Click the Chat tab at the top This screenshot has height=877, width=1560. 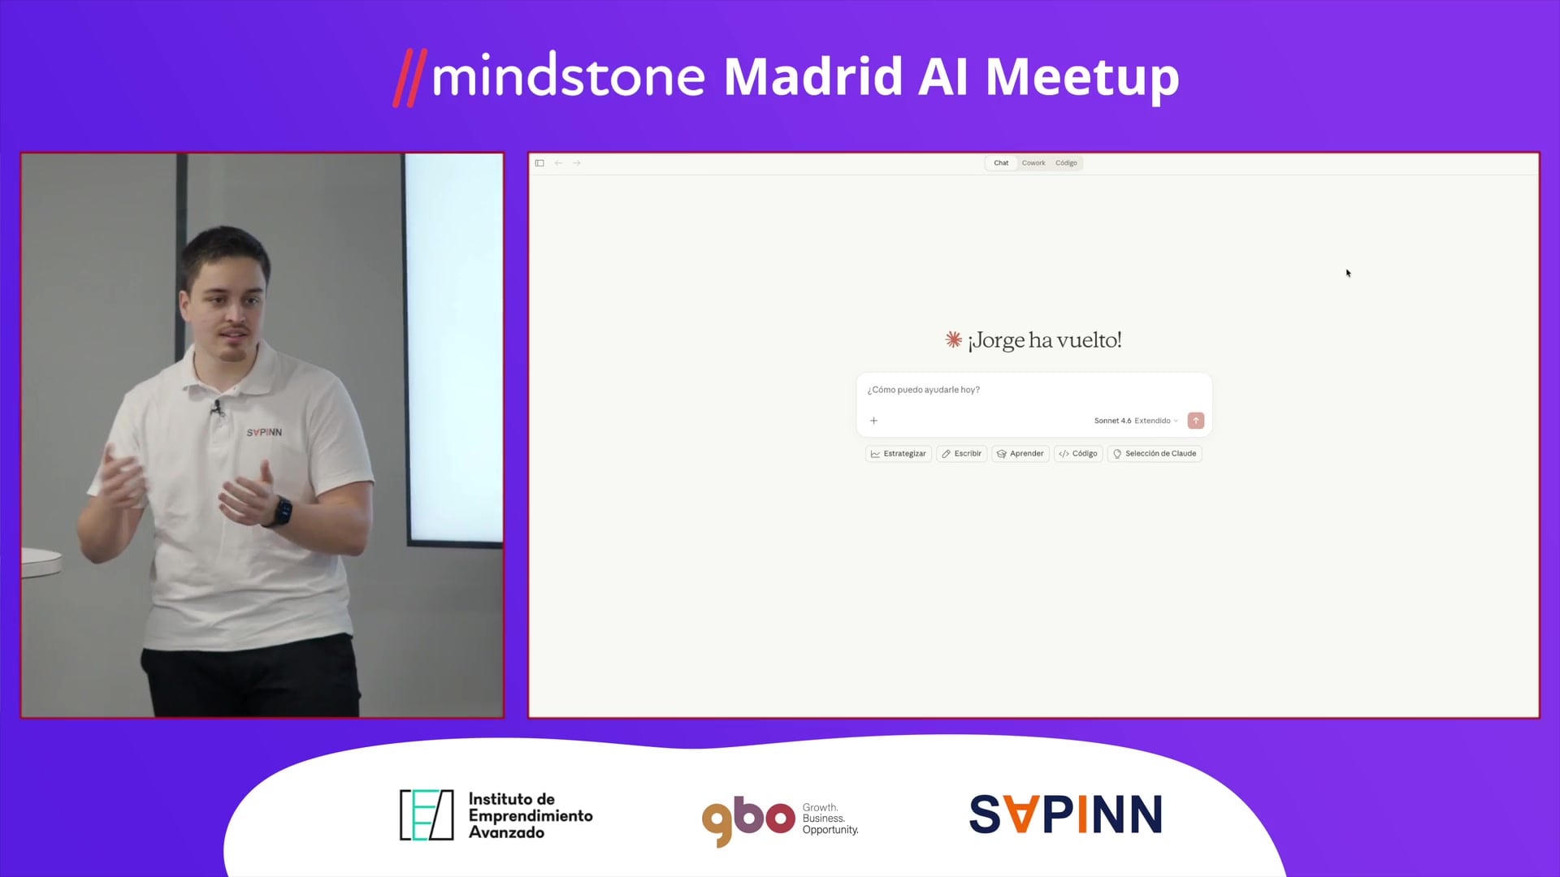1001,163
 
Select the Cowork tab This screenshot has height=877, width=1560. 1033,163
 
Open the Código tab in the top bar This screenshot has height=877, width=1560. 1066,163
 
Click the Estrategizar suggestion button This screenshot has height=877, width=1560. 899,454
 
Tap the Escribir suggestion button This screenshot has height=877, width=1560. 962,454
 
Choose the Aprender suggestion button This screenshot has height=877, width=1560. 1020,454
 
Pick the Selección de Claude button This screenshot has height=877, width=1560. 1155,454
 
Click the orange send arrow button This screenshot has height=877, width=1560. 1196,421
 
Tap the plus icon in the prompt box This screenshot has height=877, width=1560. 874,421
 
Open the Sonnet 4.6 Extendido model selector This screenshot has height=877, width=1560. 1136,421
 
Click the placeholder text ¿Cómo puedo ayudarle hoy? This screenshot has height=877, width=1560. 924,390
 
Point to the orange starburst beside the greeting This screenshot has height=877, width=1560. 954,339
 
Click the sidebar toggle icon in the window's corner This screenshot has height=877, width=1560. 539,163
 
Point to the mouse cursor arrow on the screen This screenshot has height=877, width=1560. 1348,273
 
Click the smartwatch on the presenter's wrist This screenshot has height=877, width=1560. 283,512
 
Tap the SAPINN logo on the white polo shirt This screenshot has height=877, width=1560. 264,433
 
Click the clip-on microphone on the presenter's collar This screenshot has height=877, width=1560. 217,407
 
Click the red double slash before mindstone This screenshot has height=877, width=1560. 410,78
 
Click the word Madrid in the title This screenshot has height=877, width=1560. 812,76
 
